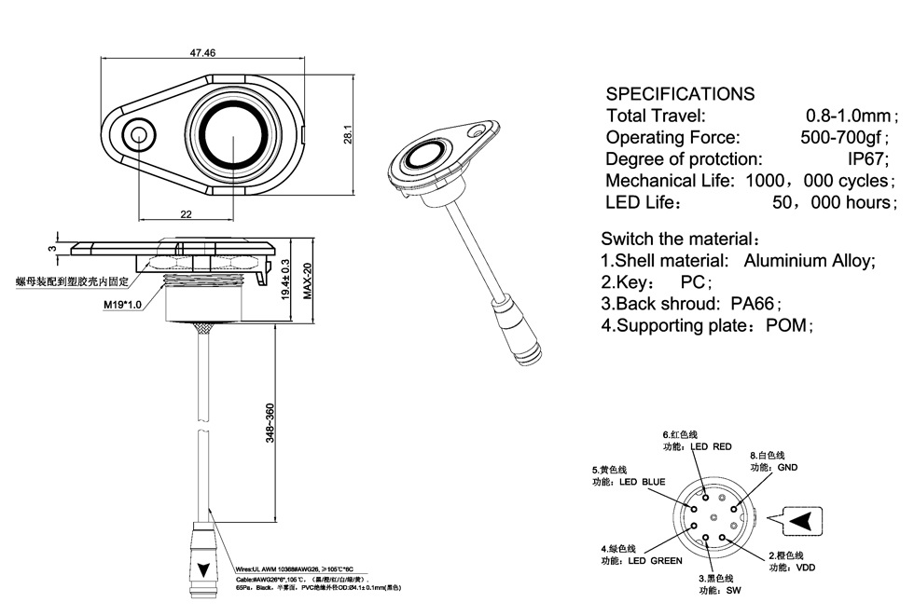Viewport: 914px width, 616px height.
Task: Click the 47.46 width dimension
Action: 202,53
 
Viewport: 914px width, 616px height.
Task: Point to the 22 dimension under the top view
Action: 186,214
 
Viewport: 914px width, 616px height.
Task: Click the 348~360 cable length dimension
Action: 270,422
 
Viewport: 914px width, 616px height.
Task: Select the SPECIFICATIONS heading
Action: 680,94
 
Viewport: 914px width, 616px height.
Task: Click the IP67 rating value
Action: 868,159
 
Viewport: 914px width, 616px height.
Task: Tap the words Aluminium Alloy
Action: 809,261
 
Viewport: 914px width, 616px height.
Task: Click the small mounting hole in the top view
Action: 141,134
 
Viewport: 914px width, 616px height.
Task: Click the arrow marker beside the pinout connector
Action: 803,522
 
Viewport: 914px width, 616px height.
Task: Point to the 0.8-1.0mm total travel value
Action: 848,116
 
